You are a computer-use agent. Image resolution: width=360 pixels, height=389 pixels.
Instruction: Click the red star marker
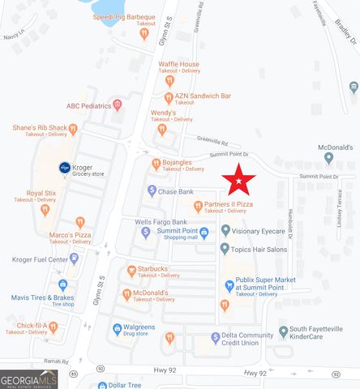point(239,179)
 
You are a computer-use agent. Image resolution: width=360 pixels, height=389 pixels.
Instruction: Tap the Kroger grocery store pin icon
point(64,168)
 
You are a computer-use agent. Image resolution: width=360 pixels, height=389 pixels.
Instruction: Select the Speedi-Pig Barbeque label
point(124,16)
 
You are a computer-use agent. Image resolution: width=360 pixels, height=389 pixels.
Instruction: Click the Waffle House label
point(178,64)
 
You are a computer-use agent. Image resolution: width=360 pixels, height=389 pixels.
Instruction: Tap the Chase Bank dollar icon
point(151,191)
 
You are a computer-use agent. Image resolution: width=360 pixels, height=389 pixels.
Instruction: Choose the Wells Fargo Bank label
point(161,221)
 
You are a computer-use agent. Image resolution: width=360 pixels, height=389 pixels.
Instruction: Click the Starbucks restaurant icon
point(131,270)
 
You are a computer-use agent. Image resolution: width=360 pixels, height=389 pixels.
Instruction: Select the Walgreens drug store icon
point(117,329)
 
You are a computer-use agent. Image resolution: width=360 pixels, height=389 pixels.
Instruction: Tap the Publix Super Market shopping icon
point(229,284)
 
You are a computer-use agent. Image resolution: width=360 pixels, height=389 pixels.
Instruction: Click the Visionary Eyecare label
point(259,231)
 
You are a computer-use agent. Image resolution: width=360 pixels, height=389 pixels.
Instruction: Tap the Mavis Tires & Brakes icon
point(62,285)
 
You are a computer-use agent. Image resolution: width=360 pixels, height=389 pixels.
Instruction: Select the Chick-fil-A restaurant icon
point(53,327)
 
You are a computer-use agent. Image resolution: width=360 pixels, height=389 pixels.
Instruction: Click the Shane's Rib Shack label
point(39,127)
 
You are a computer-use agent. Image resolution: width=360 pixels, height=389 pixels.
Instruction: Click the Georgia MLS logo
point(28,378)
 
